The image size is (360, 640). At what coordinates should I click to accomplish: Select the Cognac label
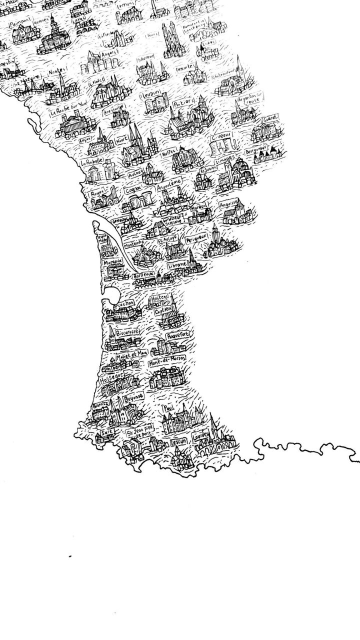133,190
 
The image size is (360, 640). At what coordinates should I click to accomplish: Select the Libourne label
178,264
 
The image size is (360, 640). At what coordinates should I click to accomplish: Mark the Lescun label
177,442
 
